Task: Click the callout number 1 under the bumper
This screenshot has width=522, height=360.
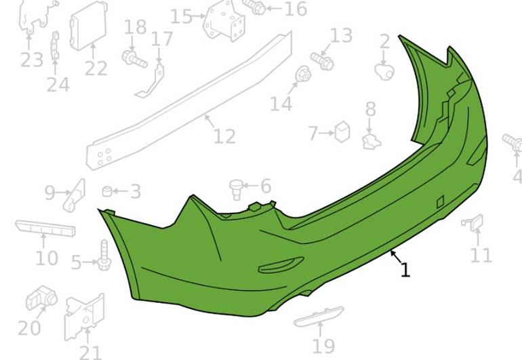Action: click(405, 270)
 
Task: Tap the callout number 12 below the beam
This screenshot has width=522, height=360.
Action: click(224, 136)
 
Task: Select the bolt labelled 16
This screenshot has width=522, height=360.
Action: click(256, 6)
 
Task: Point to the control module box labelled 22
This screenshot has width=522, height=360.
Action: click(88, 26)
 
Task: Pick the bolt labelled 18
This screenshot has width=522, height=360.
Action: click(134, 59)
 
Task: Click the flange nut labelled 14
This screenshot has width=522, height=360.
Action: click(303, 75)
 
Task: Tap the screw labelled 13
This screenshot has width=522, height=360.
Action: click(322, 60)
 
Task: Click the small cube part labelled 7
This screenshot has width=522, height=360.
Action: click(342, 132)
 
